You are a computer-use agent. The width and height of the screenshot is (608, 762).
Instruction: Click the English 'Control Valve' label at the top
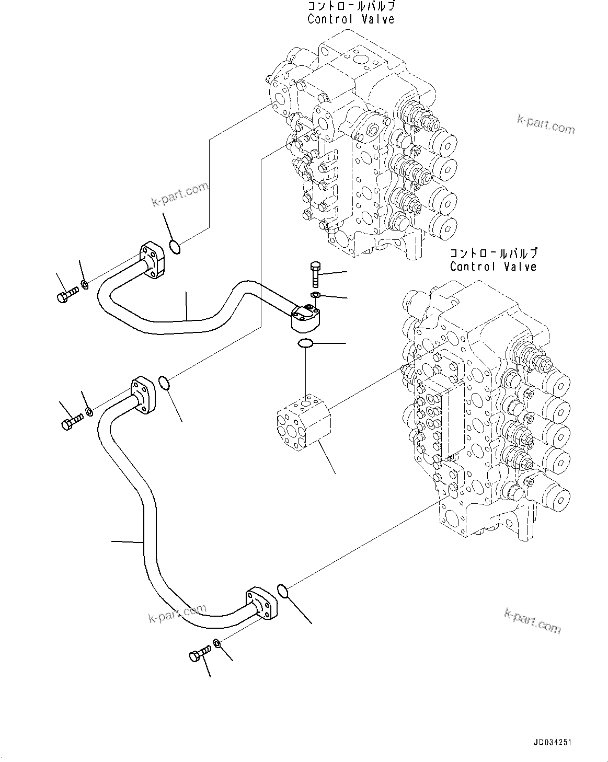350,19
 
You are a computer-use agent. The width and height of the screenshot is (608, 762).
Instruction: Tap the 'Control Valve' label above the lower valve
493,267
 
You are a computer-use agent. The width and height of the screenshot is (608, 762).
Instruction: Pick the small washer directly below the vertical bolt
315,296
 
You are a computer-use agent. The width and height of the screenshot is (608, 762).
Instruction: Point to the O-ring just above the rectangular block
305,343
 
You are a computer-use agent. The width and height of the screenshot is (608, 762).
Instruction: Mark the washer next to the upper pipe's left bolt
84,285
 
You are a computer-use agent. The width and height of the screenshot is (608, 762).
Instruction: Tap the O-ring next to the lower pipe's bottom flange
282,591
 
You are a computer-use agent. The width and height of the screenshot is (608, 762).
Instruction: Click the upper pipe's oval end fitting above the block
306,318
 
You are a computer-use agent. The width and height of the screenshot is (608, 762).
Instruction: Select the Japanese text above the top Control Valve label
350,7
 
